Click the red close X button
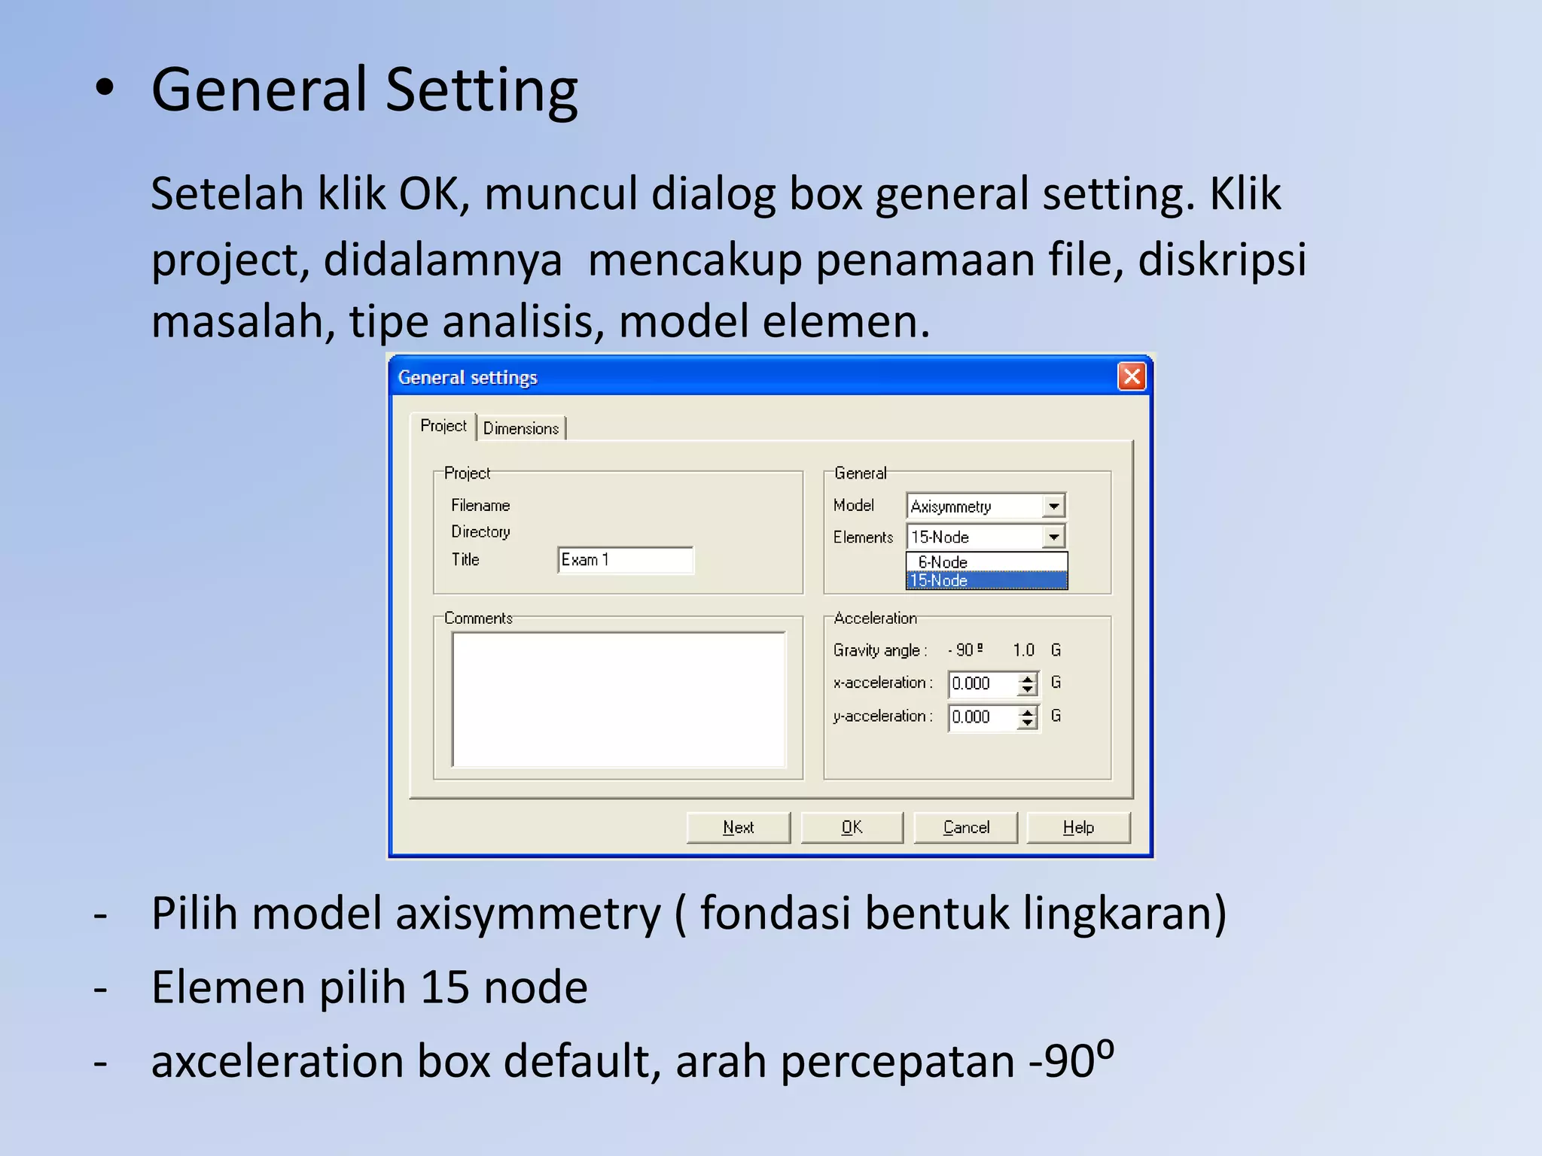(x=1132, y=376)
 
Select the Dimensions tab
(x=521, y=428)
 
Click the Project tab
(x=443, y=426)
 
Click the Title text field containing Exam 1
(x=625, y=560)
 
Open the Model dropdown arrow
(x=1054, y=507)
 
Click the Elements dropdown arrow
(x=1054, y=537)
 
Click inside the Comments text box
(x=618, y=699)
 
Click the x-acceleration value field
(x=982, y=683)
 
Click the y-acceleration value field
(x=982, y=716)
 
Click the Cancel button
(x=966, y=828)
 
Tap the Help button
(x=1078, y=828)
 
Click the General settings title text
(x=468, y=377)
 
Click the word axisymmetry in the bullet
(x=528, y=914)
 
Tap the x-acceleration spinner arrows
(x=1028, y=683)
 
